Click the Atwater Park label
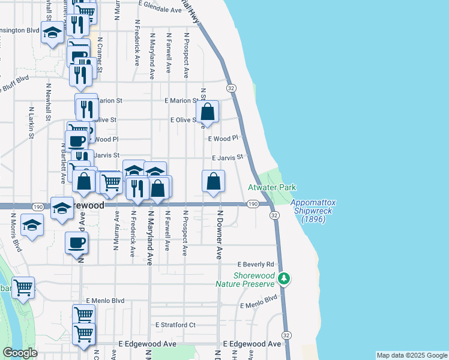pyautogui.click(x=272, y=188)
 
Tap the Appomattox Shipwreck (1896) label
pyautogui.click(x=317, y=211)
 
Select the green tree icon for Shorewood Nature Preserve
pyautogui.click(x=288, y=278)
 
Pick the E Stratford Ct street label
pyautogui.click(x=175, y=325)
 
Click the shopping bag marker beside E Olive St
pyautogui.click(x=206, y=112)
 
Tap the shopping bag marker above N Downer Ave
pyautogui.click(x=213, y=182)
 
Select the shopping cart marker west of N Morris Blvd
pyautogui.click(x=23, y=288)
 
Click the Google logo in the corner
pyautogui.click(x=20, y=353)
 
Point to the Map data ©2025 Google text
pyautogui.click(x=411, y=355)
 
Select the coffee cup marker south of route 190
pyautogui.click(x=76, y=244)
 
